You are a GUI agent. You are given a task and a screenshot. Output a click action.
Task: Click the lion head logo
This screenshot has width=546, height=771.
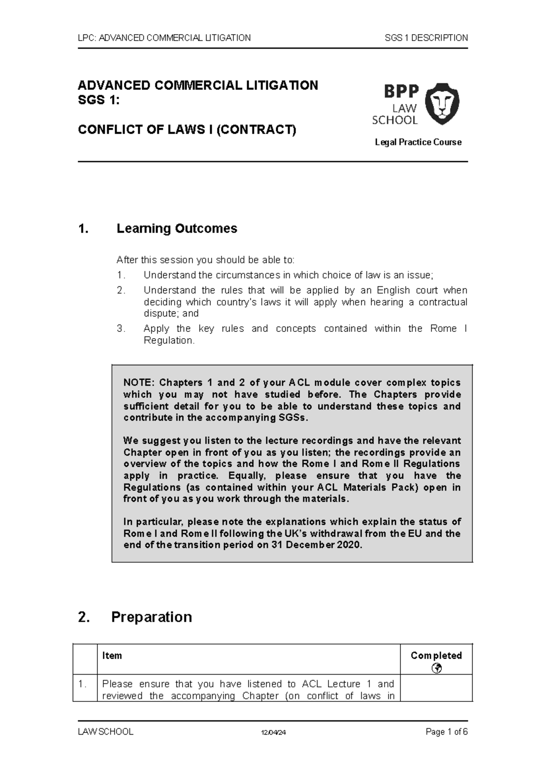click(x=441, y=104)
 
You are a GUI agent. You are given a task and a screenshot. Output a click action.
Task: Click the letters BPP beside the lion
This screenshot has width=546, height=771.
click(x=401, y=91)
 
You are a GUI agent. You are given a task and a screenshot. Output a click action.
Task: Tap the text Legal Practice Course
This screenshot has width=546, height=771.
click(x=418, y=142)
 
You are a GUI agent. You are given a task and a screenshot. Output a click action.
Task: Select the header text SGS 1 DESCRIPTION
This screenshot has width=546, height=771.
click(x=426, y=38)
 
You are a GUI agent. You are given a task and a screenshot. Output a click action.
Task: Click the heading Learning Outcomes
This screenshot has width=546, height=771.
click(x=177, y=228)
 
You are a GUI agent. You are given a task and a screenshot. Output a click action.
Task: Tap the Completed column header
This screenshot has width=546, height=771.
click(x=436, y=656)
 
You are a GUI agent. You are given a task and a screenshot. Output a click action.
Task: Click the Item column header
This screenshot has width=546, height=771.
click(x=112, y=656)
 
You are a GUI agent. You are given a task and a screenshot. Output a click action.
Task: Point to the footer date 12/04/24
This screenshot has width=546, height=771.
click(x=273, y=732)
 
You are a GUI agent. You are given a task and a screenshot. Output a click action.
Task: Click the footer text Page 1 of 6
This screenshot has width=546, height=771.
click(x=446, y=732)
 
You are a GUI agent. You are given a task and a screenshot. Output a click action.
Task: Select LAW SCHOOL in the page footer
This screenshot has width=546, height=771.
click(x=106, y=732)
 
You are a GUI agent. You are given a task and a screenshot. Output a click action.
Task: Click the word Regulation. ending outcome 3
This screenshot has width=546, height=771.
click(x=169, y=340)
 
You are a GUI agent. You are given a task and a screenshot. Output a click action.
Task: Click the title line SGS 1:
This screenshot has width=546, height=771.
click(x=99, y=100)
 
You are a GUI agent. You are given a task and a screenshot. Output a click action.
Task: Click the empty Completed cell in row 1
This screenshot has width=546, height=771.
click(x=436, y=688)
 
